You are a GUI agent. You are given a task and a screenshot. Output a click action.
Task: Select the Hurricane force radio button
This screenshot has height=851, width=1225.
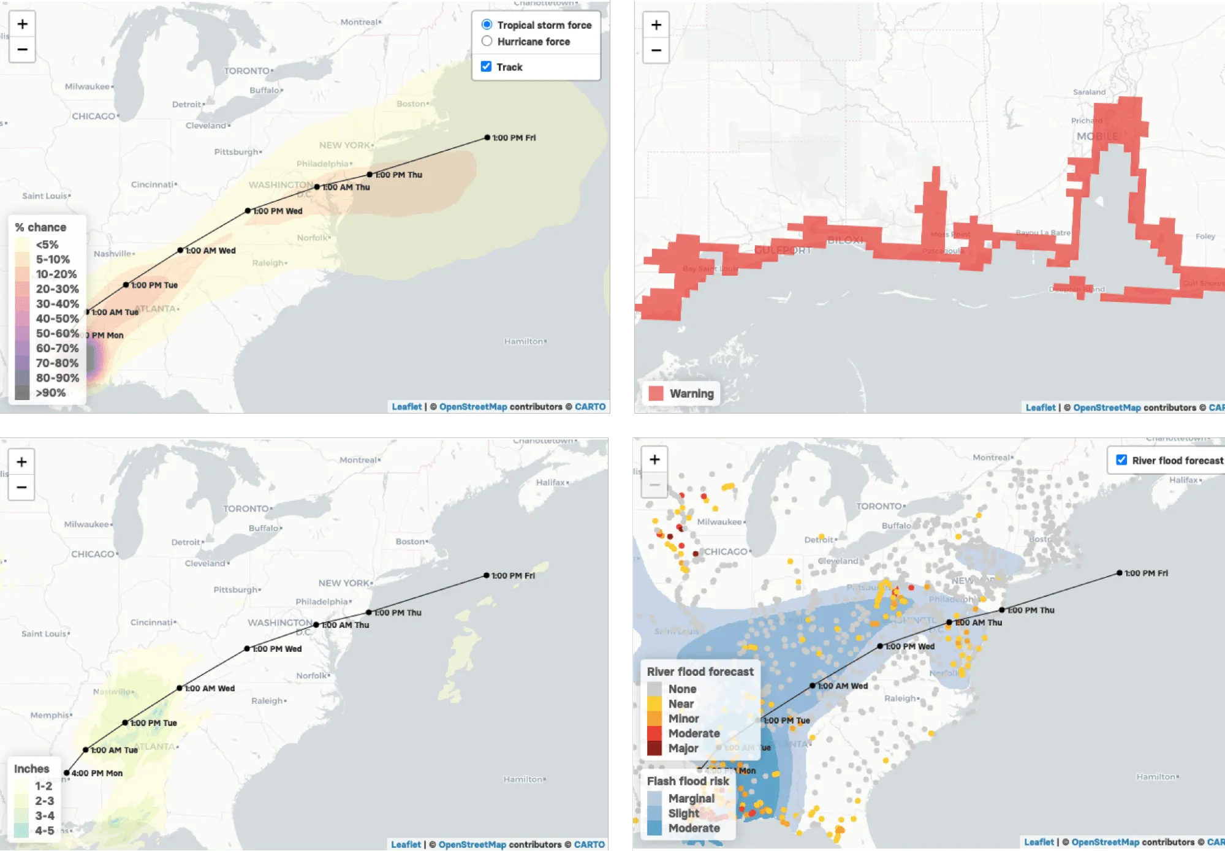pos(487,41)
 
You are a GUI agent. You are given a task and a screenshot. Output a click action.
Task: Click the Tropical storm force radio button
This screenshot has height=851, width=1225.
pos(487,25)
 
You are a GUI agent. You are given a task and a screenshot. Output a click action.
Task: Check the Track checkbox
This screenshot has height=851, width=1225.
pos(486,66)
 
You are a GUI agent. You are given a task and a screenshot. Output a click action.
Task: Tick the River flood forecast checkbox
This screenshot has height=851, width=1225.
pos(1121,460)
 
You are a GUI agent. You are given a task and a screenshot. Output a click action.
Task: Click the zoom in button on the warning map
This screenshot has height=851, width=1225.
pos(656,25)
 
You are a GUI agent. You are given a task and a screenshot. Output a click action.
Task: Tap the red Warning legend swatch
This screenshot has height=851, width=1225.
pos(656,393)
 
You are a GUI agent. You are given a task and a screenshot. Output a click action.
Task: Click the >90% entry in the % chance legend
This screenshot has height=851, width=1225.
pos(50,393)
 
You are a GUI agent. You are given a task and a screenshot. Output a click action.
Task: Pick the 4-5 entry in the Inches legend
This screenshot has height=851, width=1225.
pos(44,830)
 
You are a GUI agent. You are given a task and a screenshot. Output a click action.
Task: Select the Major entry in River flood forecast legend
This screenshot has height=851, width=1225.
pos(683,748)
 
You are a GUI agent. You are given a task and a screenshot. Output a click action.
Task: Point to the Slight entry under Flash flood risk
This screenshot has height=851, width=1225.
pos(683,813)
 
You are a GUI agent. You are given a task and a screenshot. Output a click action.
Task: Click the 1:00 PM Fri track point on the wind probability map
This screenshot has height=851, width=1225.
pos(487,138)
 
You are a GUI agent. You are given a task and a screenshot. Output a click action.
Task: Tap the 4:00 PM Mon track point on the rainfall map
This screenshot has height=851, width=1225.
pos(66,773)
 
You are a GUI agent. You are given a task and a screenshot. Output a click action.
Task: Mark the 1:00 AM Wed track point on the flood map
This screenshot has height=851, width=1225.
pos(812,686)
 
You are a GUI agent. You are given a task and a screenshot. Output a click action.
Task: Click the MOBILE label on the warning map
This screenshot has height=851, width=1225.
pos(1097,136)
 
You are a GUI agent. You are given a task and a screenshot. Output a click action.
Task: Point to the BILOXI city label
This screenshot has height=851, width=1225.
pos(845,240)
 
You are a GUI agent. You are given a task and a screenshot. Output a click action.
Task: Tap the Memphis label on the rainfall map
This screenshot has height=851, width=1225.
pos(50,715)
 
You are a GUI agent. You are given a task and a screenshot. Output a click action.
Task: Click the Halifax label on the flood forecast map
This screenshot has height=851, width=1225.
pos(1183,480)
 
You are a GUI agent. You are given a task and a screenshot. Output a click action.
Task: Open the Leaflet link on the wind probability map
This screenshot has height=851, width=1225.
pos(406,407)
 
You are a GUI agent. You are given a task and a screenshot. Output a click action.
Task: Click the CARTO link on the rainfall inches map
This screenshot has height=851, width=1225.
pos(589,844)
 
